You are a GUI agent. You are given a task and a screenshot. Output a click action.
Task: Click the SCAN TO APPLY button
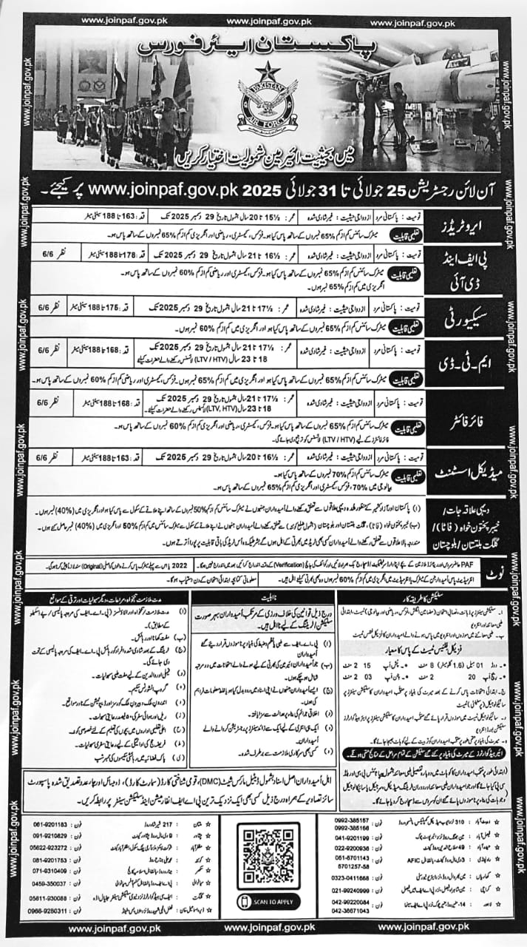[x=268, y=901]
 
